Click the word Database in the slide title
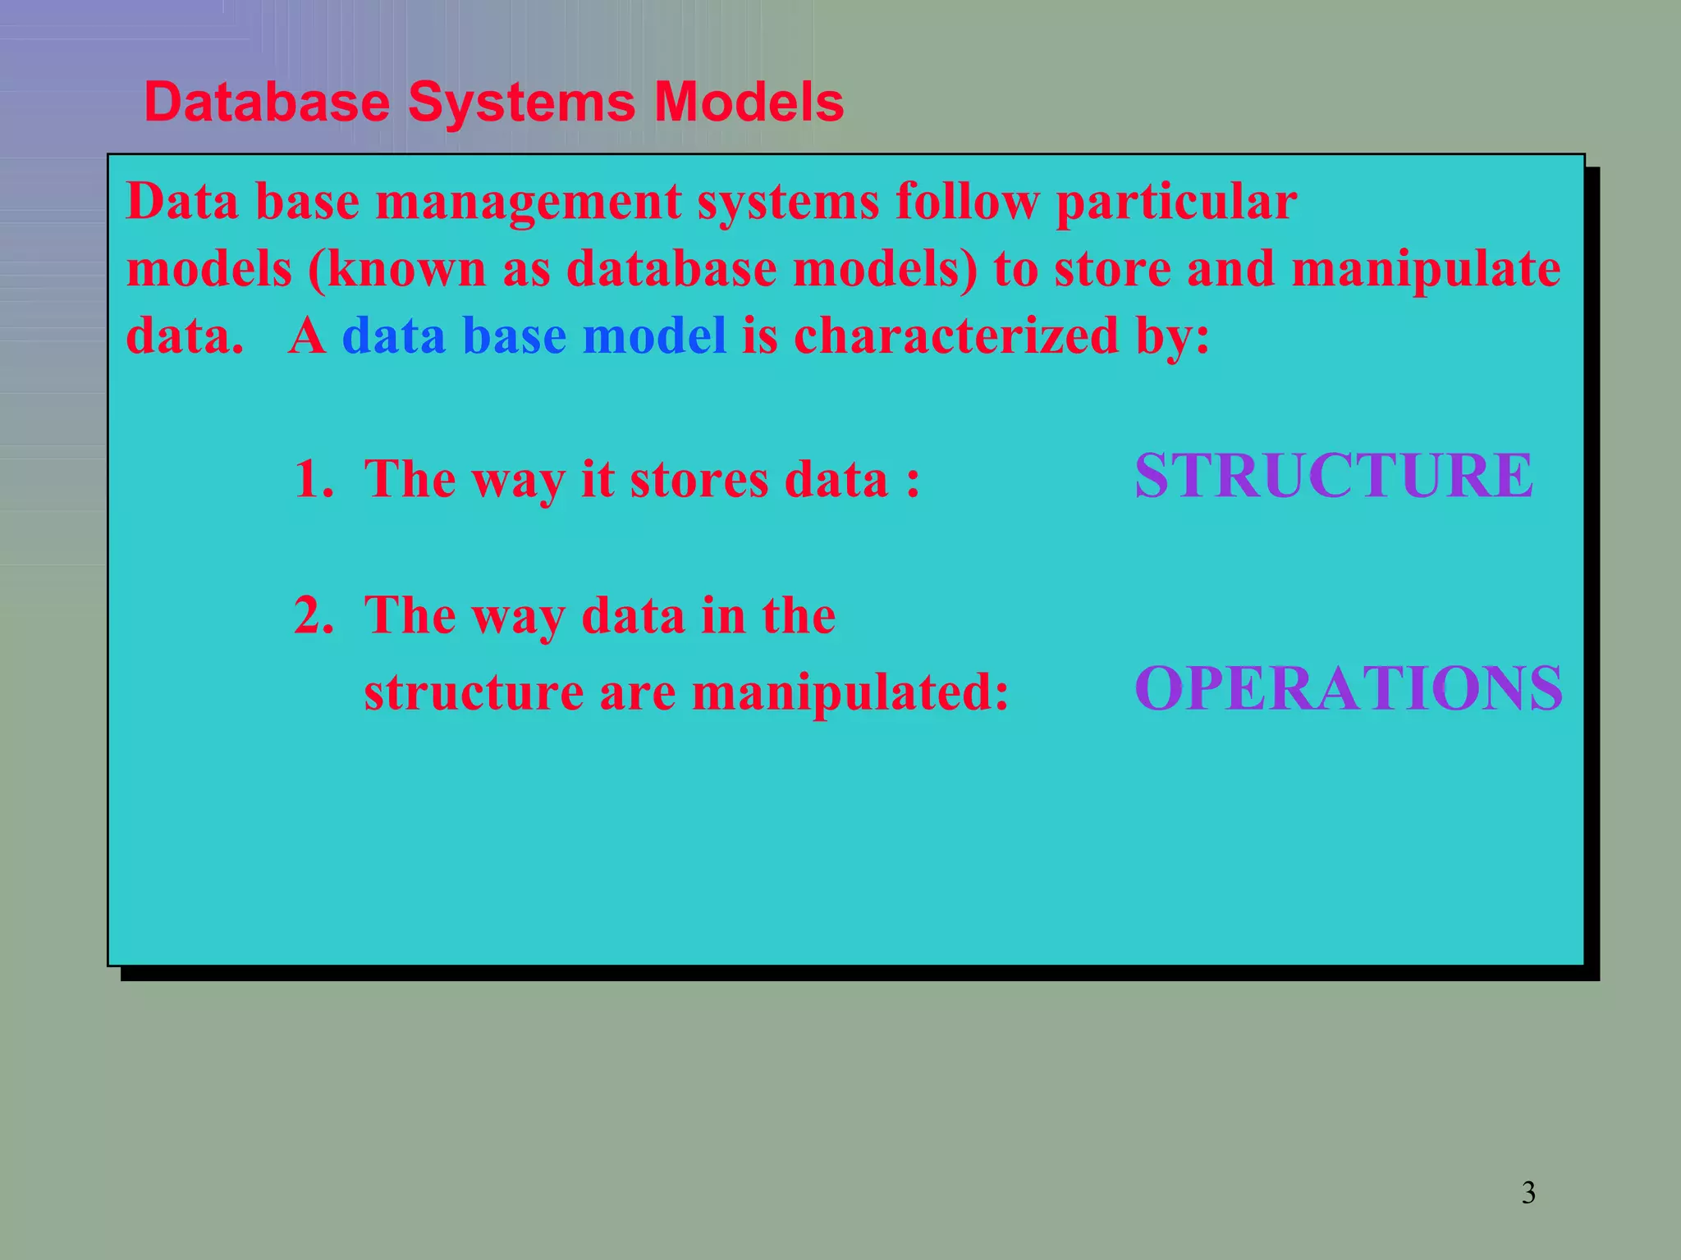(267, 103)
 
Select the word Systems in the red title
(521, 103)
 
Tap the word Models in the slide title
(749, 103)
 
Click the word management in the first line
(529, 202)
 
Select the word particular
(1176, 202)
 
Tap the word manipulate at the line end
(1427, 270)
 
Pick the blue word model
(654, 336)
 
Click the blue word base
(515, 336)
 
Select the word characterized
(956, 336)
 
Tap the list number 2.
(314, 614)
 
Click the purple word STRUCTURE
(1334, 476)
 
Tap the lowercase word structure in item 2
(474, 692)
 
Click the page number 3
(1528, 1193)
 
